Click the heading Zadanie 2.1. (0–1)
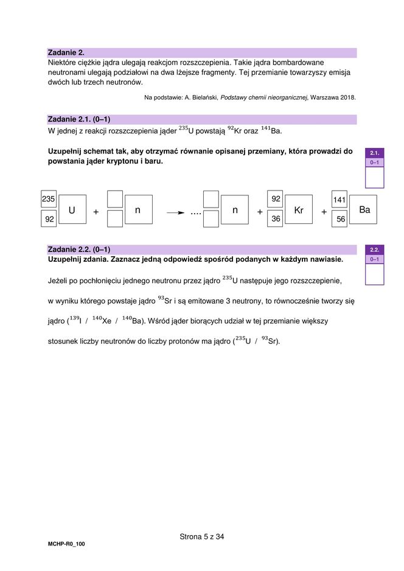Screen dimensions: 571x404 [78, 119]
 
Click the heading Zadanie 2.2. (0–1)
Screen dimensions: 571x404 [78, 250]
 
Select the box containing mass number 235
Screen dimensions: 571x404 [49, 199]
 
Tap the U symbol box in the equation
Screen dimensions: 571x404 [72, 210]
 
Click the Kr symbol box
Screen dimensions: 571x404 [298, 210]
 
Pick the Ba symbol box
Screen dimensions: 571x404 [364, 209]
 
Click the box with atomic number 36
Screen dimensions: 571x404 [276, 219]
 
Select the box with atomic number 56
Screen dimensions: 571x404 [340, 219]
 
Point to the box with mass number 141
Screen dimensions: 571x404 [340, 200]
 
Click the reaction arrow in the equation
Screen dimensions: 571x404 [176, 212]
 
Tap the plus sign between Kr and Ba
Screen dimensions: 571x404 [324, 212]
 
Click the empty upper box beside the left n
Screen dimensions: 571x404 [115, 199]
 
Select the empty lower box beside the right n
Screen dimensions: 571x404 [211, 219]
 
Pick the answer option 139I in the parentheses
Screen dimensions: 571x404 [75, 320]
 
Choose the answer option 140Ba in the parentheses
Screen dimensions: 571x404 [132, 320]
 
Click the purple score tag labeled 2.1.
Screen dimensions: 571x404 [374, 153]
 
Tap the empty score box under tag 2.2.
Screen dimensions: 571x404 [374, 275]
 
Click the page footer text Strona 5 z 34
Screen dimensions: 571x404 [202, 536]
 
